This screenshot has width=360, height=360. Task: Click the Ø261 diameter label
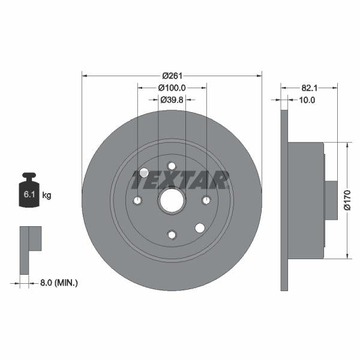click(172, 76)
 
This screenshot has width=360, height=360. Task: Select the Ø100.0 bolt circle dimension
click(172, 88)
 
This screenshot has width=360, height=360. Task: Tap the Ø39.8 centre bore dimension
click(172, 100)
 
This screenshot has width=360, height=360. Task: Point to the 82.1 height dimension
click(309, 88)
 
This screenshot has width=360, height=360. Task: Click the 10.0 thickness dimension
click(307, 100)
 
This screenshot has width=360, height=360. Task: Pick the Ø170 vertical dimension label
click(347, 200)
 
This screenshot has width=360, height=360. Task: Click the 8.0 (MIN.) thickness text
click(59, 283)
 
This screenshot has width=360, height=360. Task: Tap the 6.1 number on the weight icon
click(29, 194)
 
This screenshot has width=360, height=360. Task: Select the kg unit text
click(47, 196)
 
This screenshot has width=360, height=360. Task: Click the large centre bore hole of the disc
click(172, 200)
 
